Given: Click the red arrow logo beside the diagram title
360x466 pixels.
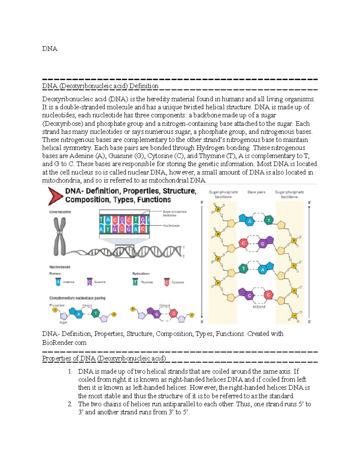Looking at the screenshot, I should (x=55, y=196).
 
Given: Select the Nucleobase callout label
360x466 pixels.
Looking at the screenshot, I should (x=171, y=226).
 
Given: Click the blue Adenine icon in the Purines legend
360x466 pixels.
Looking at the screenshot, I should (x=58, y=282).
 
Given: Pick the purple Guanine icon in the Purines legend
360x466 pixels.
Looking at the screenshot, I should (x=89, y=282).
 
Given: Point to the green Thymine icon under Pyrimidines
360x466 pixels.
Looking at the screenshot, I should (x=135, y=282).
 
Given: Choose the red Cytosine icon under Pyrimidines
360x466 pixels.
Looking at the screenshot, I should (x=167, y=282).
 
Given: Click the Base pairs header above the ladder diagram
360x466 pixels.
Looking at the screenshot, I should (x=256, y=192).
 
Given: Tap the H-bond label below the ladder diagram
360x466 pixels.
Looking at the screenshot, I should (x=259, y=307).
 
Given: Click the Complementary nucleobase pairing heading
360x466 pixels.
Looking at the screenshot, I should (x=77, y=298).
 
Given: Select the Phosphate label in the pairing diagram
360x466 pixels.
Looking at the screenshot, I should (x=57, y=305).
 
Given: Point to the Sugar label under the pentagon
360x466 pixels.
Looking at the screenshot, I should (x=63, y=322).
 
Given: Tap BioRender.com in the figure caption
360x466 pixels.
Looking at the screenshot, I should (x=64, y=343).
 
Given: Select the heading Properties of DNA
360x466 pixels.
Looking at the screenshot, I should (x=104, y=358).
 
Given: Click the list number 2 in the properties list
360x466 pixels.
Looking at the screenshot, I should (x=70, y=404).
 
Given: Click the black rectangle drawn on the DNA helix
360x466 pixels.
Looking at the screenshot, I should (x=124, y=251).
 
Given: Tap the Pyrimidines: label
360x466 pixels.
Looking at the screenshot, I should (x=141, y=274).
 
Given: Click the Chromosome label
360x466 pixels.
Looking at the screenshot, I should (x=60, y=212).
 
